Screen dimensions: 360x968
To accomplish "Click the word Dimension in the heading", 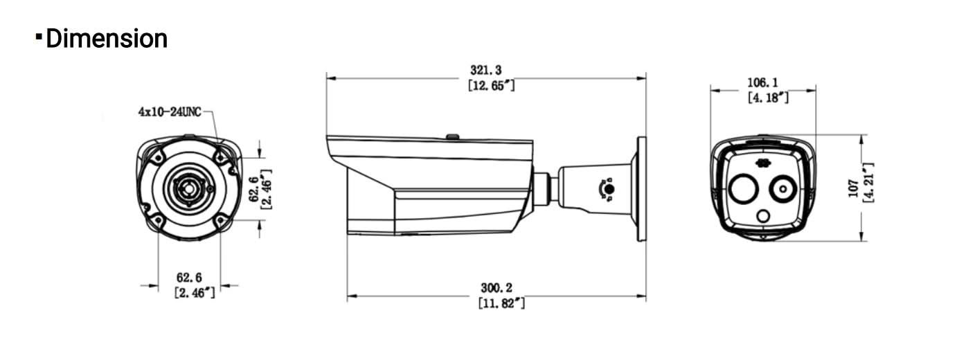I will tap(107, 38).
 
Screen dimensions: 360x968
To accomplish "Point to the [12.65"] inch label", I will tap(491, 85).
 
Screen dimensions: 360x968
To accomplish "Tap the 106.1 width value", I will tap(762, 82).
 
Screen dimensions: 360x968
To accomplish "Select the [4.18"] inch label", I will tap(768, 98).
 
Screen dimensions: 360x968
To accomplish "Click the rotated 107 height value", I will tap(853, 187).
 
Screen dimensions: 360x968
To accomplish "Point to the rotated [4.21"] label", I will tap(868, 183).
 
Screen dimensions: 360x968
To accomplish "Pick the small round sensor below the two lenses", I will tap(763, 217).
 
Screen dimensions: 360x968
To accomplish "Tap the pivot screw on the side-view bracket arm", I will tap(608, 189).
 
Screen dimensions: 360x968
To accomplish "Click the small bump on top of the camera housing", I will tap(452, 137).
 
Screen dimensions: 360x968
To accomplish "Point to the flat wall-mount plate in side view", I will tap(641, 188).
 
